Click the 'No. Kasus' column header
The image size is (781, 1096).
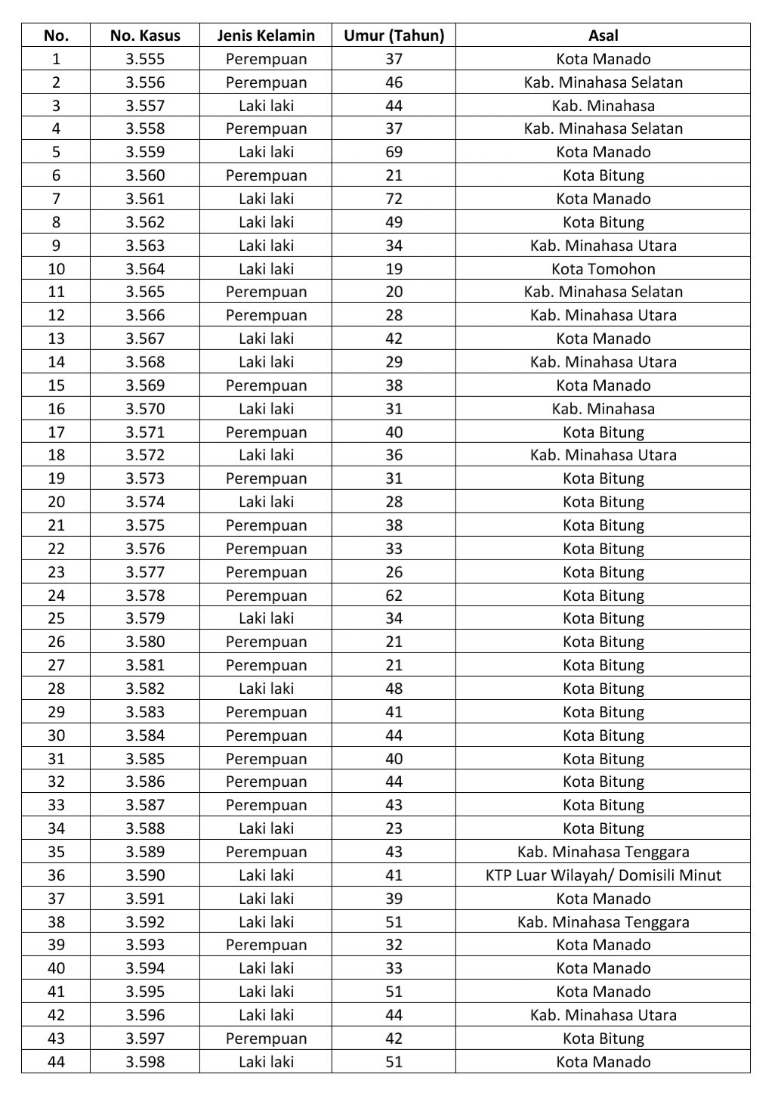point(145,36)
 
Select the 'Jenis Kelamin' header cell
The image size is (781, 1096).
point(266,36)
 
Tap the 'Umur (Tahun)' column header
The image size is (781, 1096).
point(394,36)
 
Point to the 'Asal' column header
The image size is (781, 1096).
point(603,36)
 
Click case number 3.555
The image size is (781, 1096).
point(145,59)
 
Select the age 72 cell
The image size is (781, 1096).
point(394,199)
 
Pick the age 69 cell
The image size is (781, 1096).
point(394,152)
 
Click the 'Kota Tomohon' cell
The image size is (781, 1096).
point(603,269)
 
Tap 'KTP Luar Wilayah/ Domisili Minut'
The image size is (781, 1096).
point(603,875)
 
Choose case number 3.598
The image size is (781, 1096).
point(145,1062)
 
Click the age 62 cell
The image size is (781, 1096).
point(394,596)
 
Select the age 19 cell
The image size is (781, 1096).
point(394,269)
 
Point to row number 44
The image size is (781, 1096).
point(56,1062)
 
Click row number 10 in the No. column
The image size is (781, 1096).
point(56,269)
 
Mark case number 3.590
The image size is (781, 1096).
point(145,875)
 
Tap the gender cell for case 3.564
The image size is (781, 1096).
point(266,269)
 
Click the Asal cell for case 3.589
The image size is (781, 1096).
point(603,852)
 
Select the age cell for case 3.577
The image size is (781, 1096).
point(394,572)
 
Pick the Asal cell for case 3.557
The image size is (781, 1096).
point(603,106)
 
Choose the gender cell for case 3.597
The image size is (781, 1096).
point(266,1039)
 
